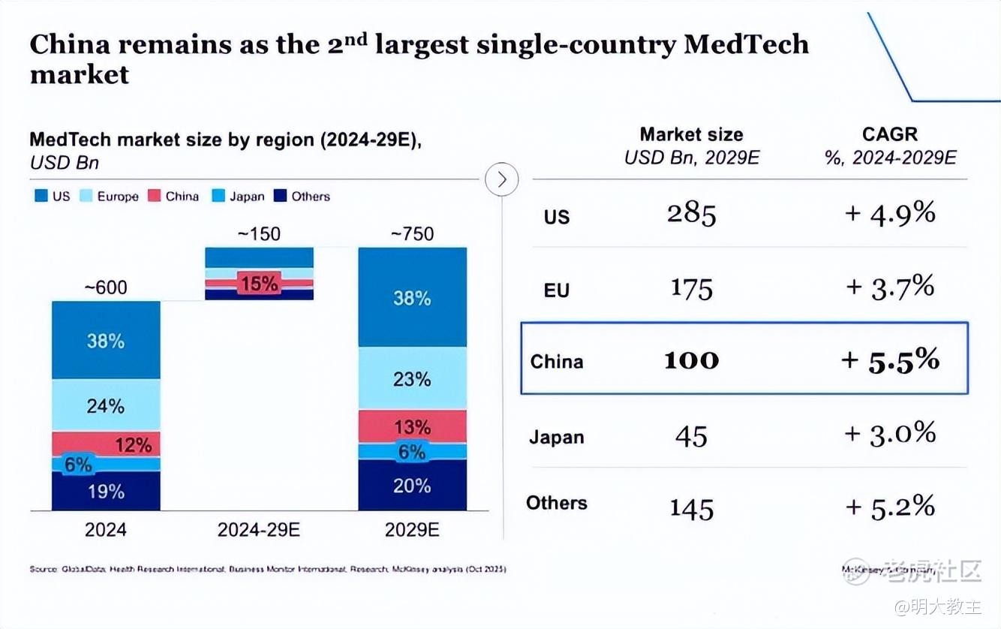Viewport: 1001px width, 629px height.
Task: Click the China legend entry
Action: click(x=173, y=197)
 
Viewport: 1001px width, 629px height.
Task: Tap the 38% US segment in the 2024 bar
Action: click(x=106, y=341)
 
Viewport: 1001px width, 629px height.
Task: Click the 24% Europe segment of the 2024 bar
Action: click(x=106, y=406)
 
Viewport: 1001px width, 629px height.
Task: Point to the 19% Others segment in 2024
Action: click(x=106, y=492)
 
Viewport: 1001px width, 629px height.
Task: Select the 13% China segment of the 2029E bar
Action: click(x=412, y=427)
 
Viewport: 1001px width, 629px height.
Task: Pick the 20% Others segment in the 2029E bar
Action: click(x=412, y=486)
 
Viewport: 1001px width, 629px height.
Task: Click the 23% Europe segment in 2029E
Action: click(x=412, y=379)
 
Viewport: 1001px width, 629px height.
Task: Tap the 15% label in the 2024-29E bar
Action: click(x=259, y=284)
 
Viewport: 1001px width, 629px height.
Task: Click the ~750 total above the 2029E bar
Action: click(x=412, y=234)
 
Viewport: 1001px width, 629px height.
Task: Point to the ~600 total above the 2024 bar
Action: click(x=106, y=287)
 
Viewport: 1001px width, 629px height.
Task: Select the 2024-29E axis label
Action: click(x=259, y=530)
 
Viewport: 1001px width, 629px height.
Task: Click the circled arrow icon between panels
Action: click(x=502, y=179)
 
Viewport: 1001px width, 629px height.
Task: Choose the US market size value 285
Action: click(x=691, y=215)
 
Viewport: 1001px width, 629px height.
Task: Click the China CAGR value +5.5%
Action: click(x=890, y=360)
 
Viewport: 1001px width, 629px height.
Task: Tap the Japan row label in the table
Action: click(x=556, y=437)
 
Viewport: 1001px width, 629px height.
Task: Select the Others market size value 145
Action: click(x=691, y=509)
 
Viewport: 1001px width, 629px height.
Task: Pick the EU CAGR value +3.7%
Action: click(x=890, y=287)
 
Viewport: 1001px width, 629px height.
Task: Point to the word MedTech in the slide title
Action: click(x=746, y=45)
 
